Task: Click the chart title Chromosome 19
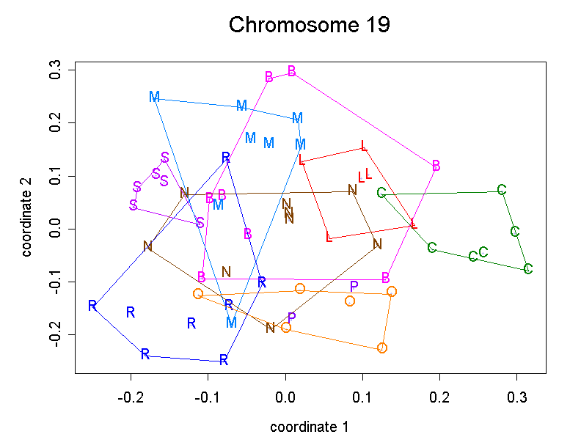[309, 24]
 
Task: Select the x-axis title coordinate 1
[309, 427]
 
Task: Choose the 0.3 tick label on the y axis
[54, 70]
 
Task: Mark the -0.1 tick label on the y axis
[54, 282]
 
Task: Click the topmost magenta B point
[292, 71]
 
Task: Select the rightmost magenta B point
[436, 166]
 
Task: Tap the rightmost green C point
[528, 269]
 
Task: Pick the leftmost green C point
[381, 193]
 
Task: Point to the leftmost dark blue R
[92, 306]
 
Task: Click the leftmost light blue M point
[154, 97]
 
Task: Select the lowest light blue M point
[232, 323]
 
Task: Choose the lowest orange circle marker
[382, 348]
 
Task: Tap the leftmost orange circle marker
[198, 294]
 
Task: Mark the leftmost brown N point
[148, 246]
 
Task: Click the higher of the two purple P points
[354, 286]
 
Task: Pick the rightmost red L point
[414, 224]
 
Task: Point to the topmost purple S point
[165, 158]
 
